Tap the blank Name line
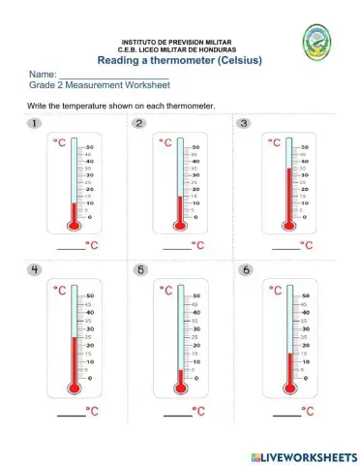click(114, 76)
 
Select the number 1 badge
click(35, 124)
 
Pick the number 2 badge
click(140, 124)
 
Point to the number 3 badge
click(244, 124)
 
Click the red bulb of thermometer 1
click(73, 226)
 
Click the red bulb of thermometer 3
click(287, 226)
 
